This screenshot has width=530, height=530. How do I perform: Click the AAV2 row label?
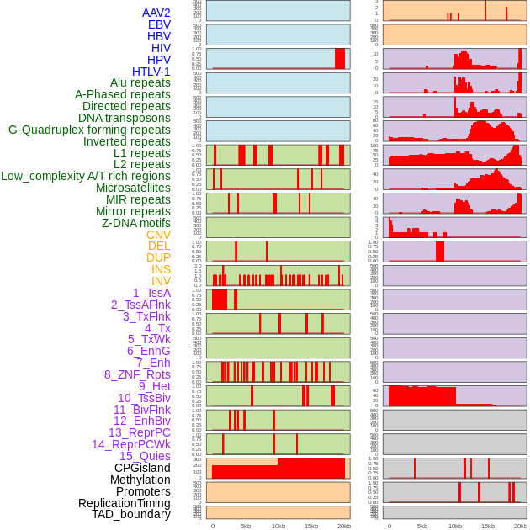click(x=156, y=13)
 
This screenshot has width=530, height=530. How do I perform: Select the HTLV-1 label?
click(x=151, y=72)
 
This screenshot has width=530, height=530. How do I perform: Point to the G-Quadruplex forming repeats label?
click(x=89, y=130)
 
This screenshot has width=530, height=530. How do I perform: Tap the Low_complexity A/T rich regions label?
click(x=86, y=176)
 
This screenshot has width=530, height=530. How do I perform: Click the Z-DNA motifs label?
click(x=136, y=223)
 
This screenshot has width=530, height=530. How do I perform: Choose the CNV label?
click(x=158, y=235)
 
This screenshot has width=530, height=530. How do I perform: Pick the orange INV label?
click(x=161, y=281)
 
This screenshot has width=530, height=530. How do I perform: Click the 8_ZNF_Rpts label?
click(x=137, y=374)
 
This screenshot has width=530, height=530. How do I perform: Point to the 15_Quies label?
click(x=145, y=456)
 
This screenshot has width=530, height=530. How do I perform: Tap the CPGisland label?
click(x=142, y=468)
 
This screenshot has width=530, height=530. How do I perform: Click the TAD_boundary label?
click(x=131, y=514)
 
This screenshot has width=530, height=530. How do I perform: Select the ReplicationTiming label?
click(x=125, y=503)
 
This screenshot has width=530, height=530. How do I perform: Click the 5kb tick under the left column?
click(x=246, y=526)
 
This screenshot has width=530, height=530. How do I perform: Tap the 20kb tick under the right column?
click(x=521, y=526)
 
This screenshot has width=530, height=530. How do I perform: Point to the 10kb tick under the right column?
click(x=455, y=526)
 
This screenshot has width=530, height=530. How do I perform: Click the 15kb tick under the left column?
click(x=311, y=526)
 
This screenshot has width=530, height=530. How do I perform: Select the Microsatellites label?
click(x=133, y=188)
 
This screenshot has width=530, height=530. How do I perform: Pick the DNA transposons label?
click(x=125, y=118)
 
